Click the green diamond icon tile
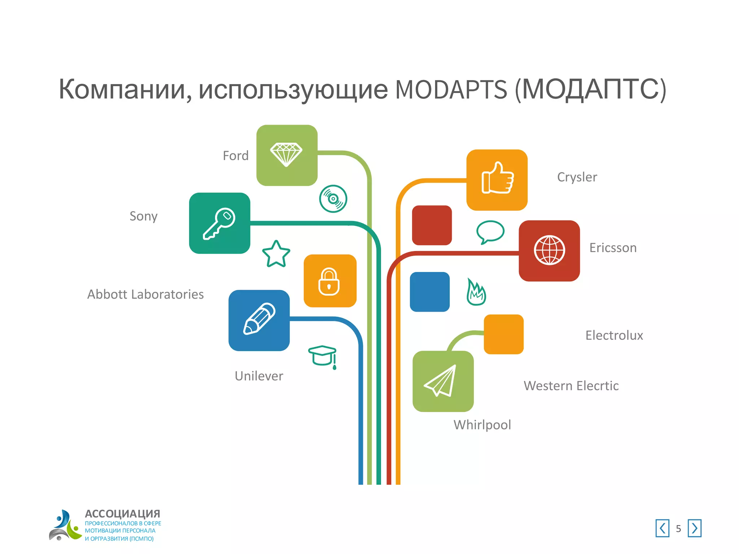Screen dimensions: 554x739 [x=287, y=155]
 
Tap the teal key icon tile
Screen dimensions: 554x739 [x=219, y=223]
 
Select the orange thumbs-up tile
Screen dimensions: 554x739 [x=497, y=180]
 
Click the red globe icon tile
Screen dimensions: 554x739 [x=549, y=251]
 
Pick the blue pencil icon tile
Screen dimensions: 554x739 [x=259, y=320]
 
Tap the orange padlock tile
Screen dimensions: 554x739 [x=330, y=281]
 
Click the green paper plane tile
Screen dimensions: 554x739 [x=443, y=381]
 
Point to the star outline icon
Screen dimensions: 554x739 [x=276, y=254]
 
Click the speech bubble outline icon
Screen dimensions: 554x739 [x=490, y=232]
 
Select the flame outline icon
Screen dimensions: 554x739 [x=476, y=292]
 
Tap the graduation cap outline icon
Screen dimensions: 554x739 [x=323, y=356]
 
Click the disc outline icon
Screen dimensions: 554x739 [x=333, y=199]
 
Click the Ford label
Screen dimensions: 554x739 [x=236, y=156]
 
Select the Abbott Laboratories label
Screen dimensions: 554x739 [x=145, y=294]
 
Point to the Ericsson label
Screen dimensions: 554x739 [x=613, y=248]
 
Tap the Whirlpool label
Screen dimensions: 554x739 [x=482, y=425]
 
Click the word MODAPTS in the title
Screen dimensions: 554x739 [x=451, y=90]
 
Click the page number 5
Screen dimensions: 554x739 [x=678, y=529]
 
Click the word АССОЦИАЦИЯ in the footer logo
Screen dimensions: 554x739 [x=122, y=514]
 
